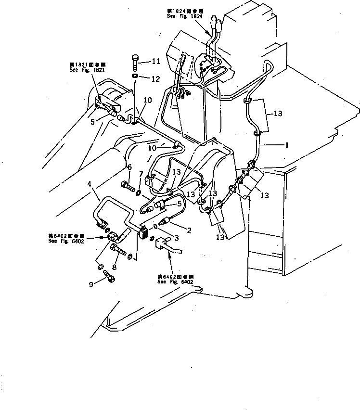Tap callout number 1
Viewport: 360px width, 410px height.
(286, 144)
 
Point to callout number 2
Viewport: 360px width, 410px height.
(189, 231)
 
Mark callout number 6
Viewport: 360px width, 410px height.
(141, 173)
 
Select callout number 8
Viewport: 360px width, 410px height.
(91, 284)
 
